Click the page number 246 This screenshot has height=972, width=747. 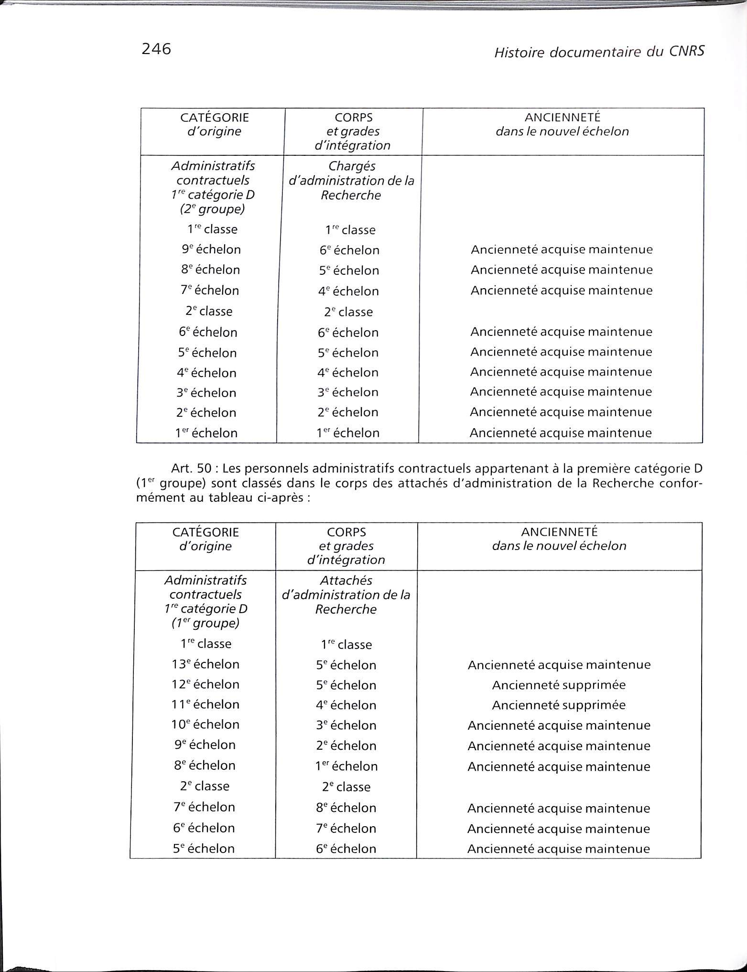[x=156, y=49]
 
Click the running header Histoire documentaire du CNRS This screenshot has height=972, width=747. [x=599, y=52]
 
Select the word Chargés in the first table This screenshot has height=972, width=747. [x=352, y=166]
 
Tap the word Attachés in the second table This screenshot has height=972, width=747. [x=346, y=580]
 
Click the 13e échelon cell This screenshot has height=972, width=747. [x=206, y=664]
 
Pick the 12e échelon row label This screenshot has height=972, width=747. [x=206, y=684]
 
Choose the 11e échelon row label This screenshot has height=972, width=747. [x=206, y=704]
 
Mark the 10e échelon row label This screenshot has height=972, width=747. [x=206, y=724]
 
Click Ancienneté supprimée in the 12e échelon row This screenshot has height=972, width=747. [x=559, y=685]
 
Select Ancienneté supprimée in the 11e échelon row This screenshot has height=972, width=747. [x=559, y=705]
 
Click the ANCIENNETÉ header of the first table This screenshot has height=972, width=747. [x=562, y=117]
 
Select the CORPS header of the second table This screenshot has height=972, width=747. [x=346, y=532]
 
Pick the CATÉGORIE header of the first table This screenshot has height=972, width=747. [x=214, y=118]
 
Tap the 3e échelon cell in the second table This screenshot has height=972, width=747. [x=346, y=725]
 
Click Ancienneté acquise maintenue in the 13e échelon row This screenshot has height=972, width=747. [x=559, y=665]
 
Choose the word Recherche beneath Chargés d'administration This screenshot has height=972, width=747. [x=351, y=195]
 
